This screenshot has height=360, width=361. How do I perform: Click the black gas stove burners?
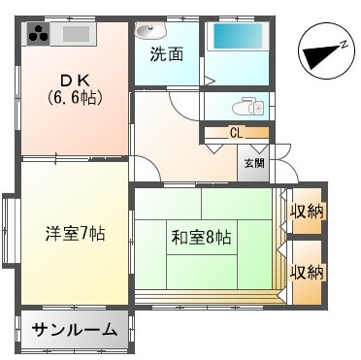click(x=38, y=35)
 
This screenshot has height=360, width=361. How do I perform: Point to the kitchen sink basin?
click(x=76, y=36)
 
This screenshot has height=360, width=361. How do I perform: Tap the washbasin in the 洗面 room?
click(x=148, y=30)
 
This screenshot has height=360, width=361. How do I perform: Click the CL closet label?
click(x=236, y=131)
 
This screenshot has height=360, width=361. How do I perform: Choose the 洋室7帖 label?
click(x=74, y=233)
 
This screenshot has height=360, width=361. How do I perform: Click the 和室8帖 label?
click(x=203, y=235)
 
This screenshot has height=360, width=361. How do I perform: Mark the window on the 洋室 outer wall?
click(x=8, y=230)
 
